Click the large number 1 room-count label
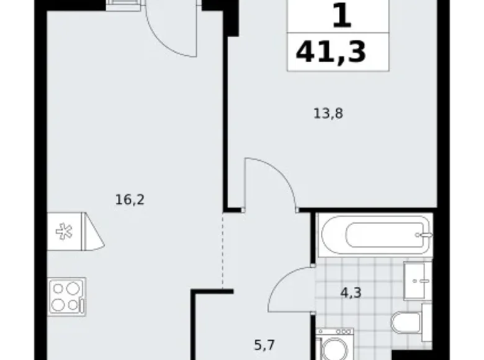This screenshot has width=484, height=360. pyautogui.click(x=341, y=16)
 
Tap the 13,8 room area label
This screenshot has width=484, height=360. pyautogui.click(x=328, y=114)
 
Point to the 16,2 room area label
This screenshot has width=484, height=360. pyautogui.click(x=125, y=200)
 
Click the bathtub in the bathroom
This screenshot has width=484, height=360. pyautogui.click(x=374, y=236)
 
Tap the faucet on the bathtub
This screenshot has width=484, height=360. pyautogui.click(x=425, y=236)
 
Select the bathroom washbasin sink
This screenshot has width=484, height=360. pyautogui.click(x=417, y=280)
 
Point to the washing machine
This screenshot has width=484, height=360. pyautogui.click(x=334, y=345)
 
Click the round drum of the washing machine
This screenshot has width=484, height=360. pyautogui.click(x=334, y=348)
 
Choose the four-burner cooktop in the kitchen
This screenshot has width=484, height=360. pyautogui.click(x=66, y=296)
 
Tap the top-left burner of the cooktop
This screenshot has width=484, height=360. pyautogui.click(x=58, y=288)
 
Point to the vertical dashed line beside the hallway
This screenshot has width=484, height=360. pyautogui.click(x=223, y=251)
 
